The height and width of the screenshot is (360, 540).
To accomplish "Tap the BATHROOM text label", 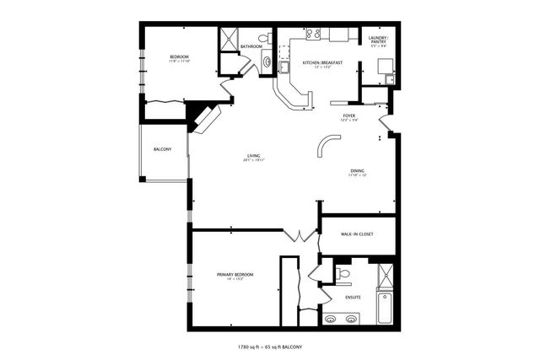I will pyautogui.click(x=251, y=46).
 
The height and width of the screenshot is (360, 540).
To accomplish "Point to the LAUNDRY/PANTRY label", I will pyautogui.click(x=377, y=40).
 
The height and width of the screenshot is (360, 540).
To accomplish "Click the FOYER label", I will pyautogui.click(x=348, y=116).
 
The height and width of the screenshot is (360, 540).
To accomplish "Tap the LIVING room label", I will pyautogui.click(x=253, y=156).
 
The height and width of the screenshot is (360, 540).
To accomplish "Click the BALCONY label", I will pyautogui.click(x=163, y=149).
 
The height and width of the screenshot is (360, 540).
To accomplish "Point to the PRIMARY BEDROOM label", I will pyautogui.click(x=235, y=275).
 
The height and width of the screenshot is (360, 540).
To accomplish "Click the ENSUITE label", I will pyautogui.click(x=353, y=298).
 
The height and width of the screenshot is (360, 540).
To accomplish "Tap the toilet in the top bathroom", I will pyautogui.click(x=264, y=38).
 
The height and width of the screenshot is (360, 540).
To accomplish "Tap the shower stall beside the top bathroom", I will pyautogui.click(x=228, y=38).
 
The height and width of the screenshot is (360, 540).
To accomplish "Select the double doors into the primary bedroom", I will pyautogui.click(x=294, y=235).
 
